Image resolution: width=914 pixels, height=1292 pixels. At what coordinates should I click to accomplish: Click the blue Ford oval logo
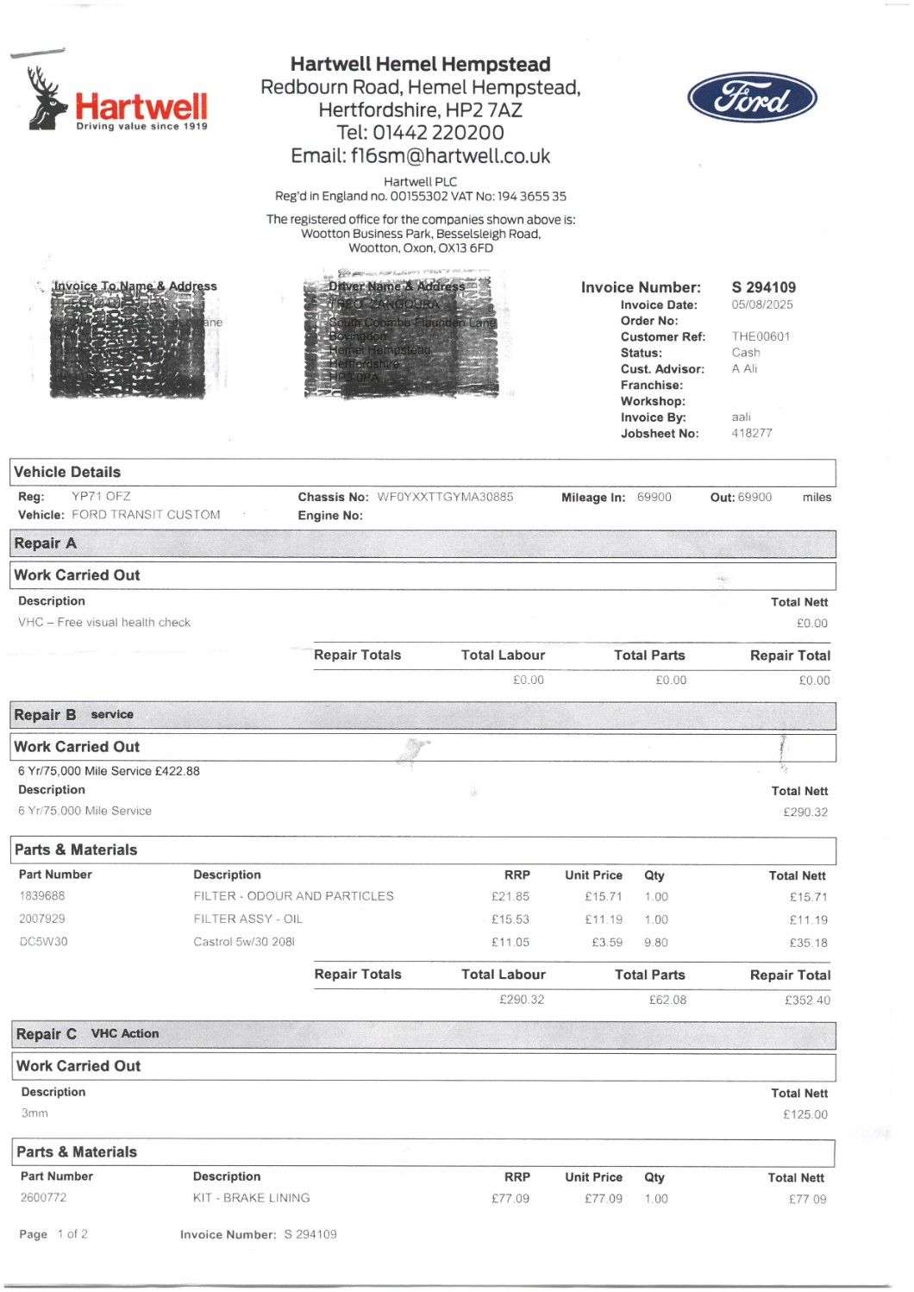[x=752, y=98]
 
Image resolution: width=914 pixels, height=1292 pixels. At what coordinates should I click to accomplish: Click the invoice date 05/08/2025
[x=762, y=304]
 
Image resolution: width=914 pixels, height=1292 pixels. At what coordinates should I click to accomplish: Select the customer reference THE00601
[x=761, y=336]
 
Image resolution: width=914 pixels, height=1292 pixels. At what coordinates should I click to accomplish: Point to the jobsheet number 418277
[x=752, y=433]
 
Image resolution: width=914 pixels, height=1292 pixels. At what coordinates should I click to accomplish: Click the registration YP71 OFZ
[x=101, y=497]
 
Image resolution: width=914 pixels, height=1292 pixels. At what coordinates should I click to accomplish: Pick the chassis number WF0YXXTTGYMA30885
[x=445, y=497]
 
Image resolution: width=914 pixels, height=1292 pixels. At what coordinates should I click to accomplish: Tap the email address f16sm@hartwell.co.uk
[x=450, y=156]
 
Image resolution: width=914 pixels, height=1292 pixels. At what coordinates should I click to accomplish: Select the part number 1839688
[x=42, y=896]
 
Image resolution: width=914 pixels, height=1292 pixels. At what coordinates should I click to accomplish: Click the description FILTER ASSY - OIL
[x=247, y=919]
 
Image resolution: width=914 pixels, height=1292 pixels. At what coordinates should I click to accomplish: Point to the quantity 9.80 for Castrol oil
[x=655, y=943]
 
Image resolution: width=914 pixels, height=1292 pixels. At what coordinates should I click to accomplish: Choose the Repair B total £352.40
[x=807, y=1000]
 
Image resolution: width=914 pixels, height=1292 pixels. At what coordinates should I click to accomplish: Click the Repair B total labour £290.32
[x=522, y=1000]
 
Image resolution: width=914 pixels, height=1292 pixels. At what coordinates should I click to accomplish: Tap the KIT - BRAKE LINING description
[x=251, y=1198]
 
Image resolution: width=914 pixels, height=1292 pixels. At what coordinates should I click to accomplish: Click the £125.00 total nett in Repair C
[x=804, y=1114]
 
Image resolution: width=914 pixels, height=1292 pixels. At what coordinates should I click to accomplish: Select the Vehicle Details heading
[x=67, y=473]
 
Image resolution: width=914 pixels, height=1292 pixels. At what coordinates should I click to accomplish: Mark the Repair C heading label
[x=47, y=1034]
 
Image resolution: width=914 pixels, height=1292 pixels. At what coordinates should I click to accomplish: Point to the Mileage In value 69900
[x=654, y=497]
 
